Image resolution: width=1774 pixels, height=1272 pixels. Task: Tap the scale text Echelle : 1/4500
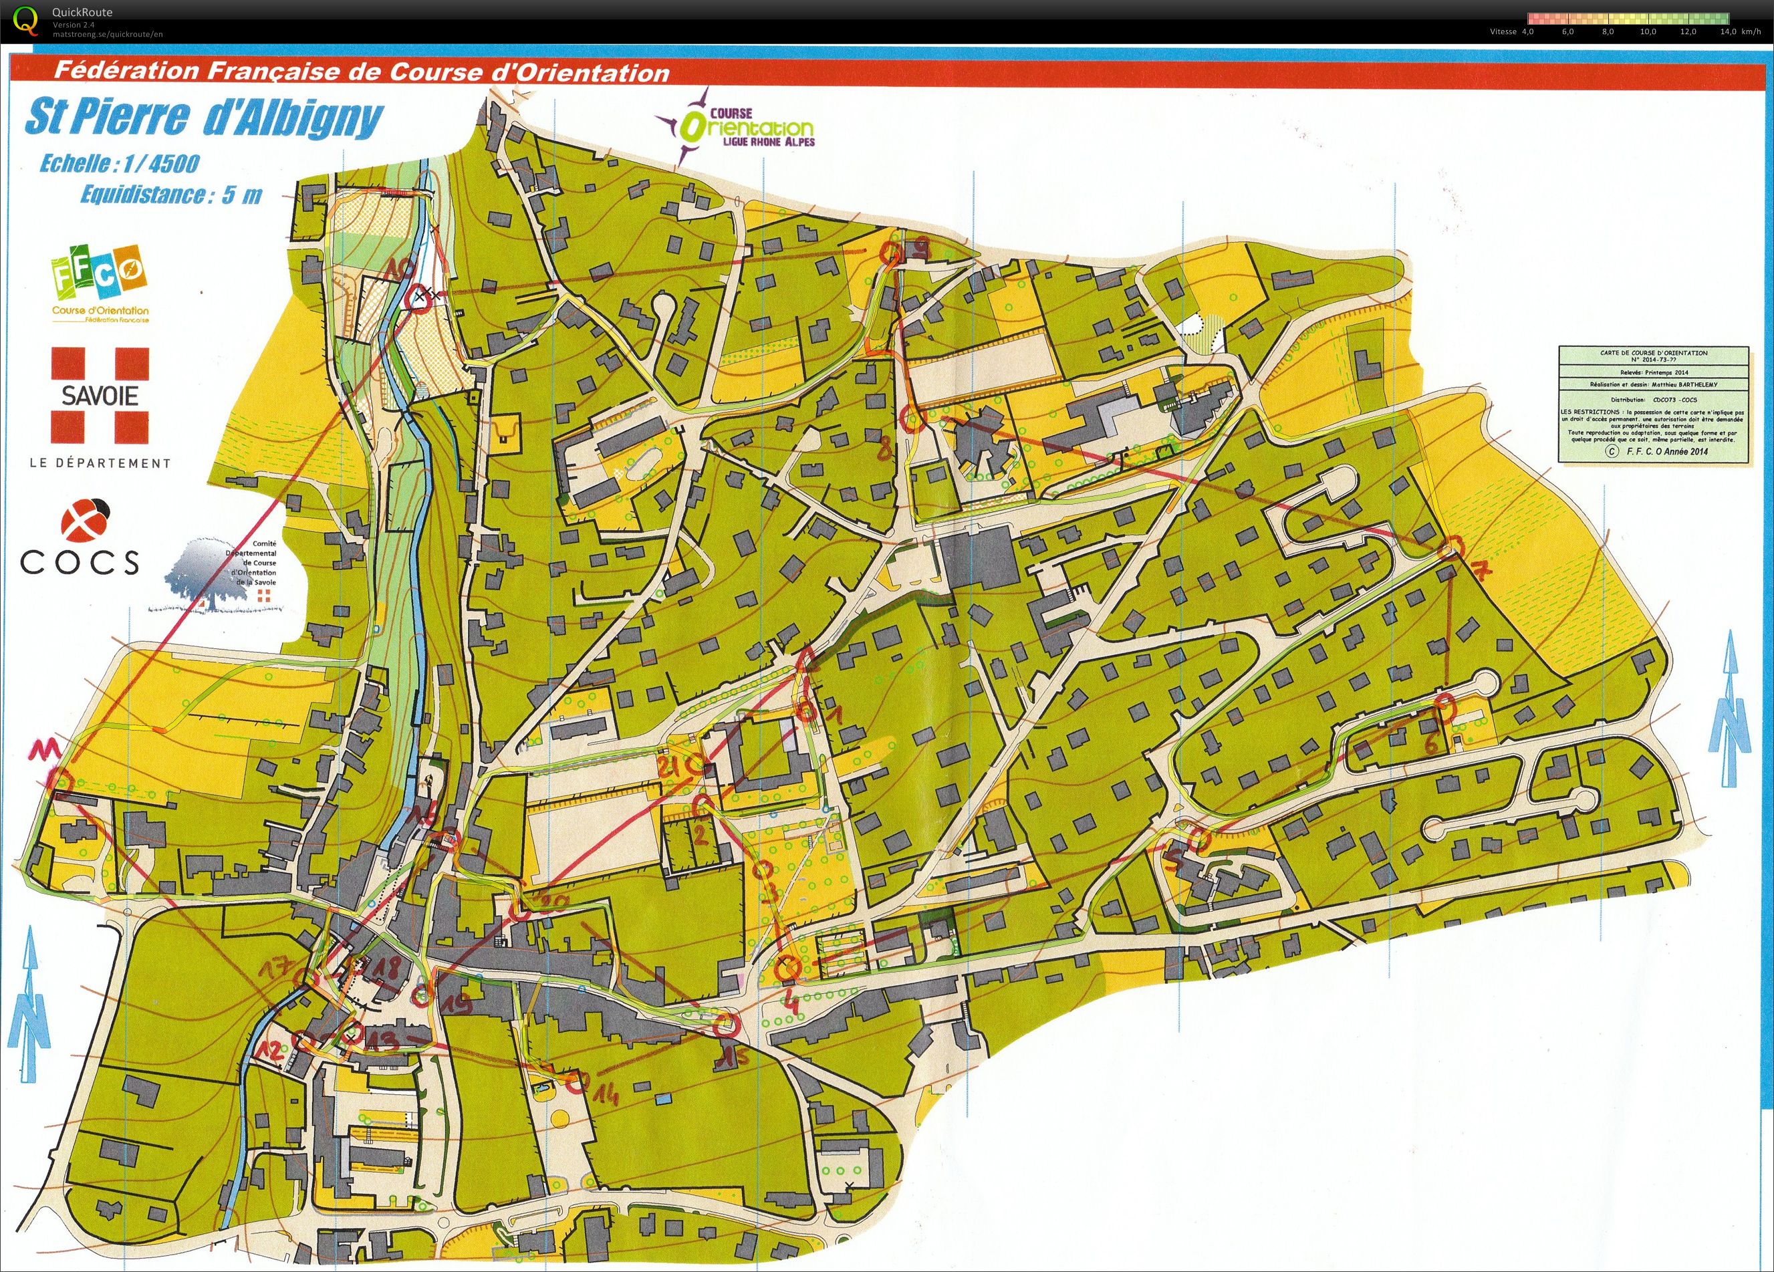click(x=120, y=164)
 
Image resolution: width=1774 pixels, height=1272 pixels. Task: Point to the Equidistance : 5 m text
click(x=171, y=194)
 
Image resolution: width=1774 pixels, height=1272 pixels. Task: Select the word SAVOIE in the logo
click(x=100, y=395)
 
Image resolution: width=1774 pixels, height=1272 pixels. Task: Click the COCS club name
click(x=80, y=561)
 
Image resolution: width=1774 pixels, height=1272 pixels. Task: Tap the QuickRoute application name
click(x=82, y=13)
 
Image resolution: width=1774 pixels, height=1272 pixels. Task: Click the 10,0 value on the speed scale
click(x=1648, y=32)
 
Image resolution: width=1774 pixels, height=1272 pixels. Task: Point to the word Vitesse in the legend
click(x=1503, y=32)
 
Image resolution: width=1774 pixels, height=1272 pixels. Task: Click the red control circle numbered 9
click(x=890, y=252)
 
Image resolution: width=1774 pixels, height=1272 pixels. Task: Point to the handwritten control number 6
click(x=1431, y=743)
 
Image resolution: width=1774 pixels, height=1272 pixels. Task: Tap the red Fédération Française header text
click(x=362, y=73)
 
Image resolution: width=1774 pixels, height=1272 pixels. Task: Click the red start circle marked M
click(x=61, y=780)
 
